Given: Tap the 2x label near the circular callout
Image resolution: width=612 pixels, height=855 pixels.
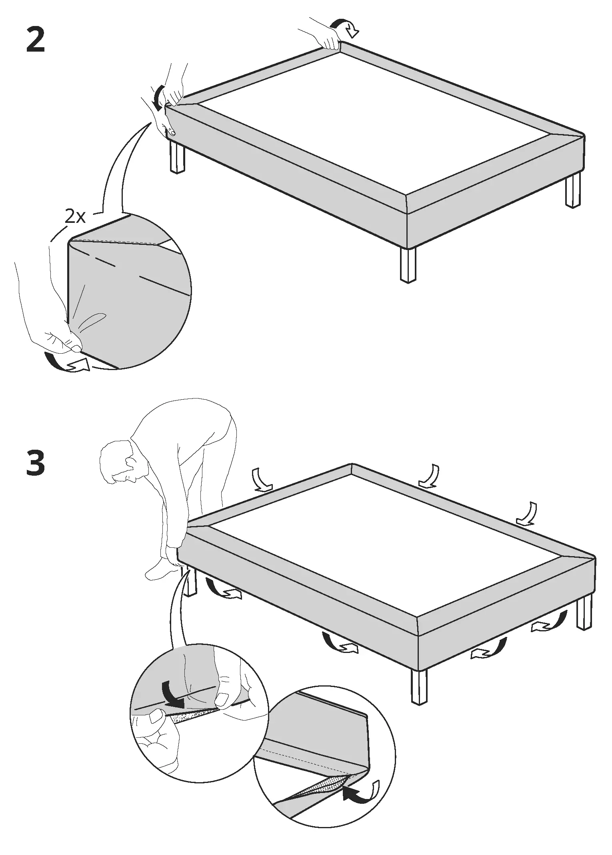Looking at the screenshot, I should point(75,217).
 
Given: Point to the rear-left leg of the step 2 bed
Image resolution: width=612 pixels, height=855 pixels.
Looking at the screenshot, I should point(177,157).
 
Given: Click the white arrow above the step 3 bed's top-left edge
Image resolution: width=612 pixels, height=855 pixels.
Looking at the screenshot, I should point(262,480).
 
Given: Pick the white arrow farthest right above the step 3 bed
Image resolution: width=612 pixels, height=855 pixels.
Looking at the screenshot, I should point(527,514).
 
